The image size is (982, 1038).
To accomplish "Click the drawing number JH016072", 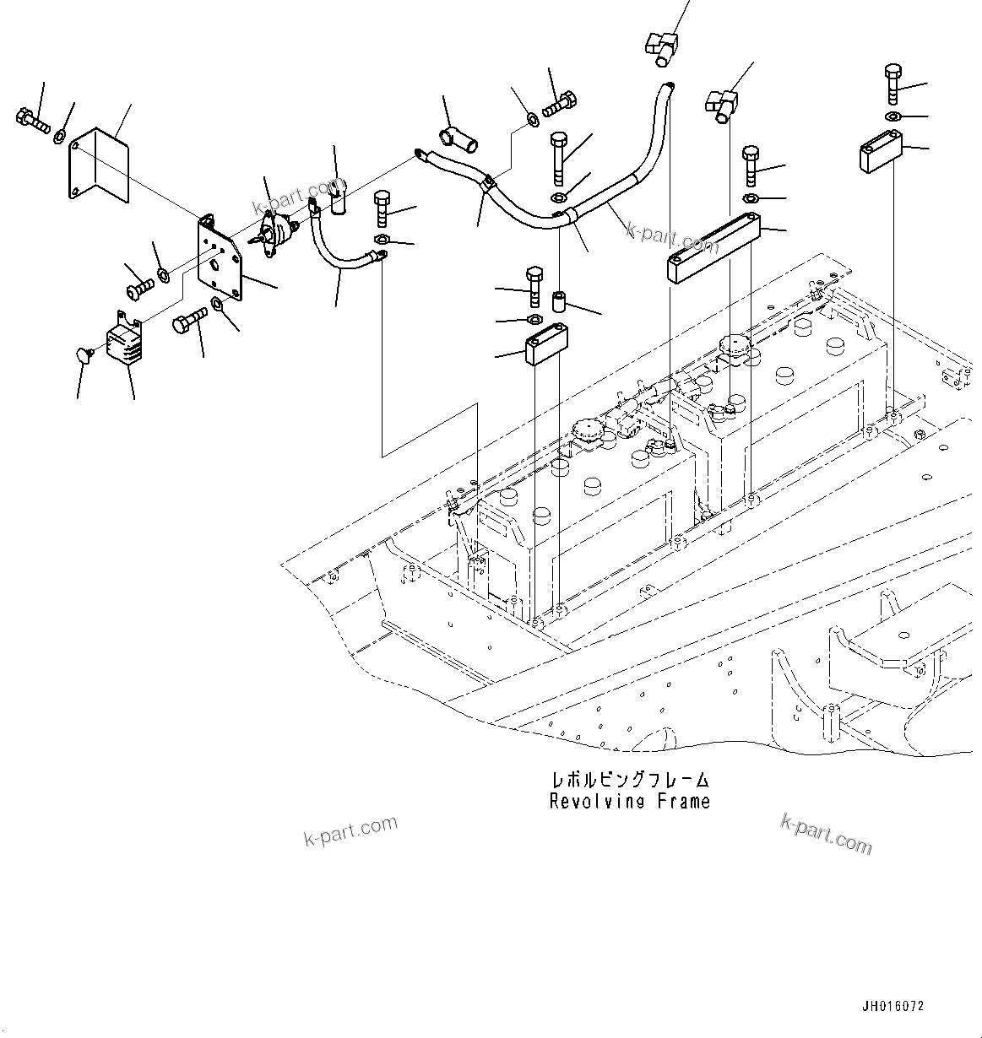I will pos(892,1007).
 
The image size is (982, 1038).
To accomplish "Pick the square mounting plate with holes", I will pos(220,262).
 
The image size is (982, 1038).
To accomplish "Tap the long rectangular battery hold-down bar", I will pos(713,247).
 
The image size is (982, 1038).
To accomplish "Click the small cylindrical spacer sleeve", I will pos(558,301).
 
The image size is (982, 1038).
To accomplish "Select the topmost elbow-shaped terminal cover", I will pos(664,46).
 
